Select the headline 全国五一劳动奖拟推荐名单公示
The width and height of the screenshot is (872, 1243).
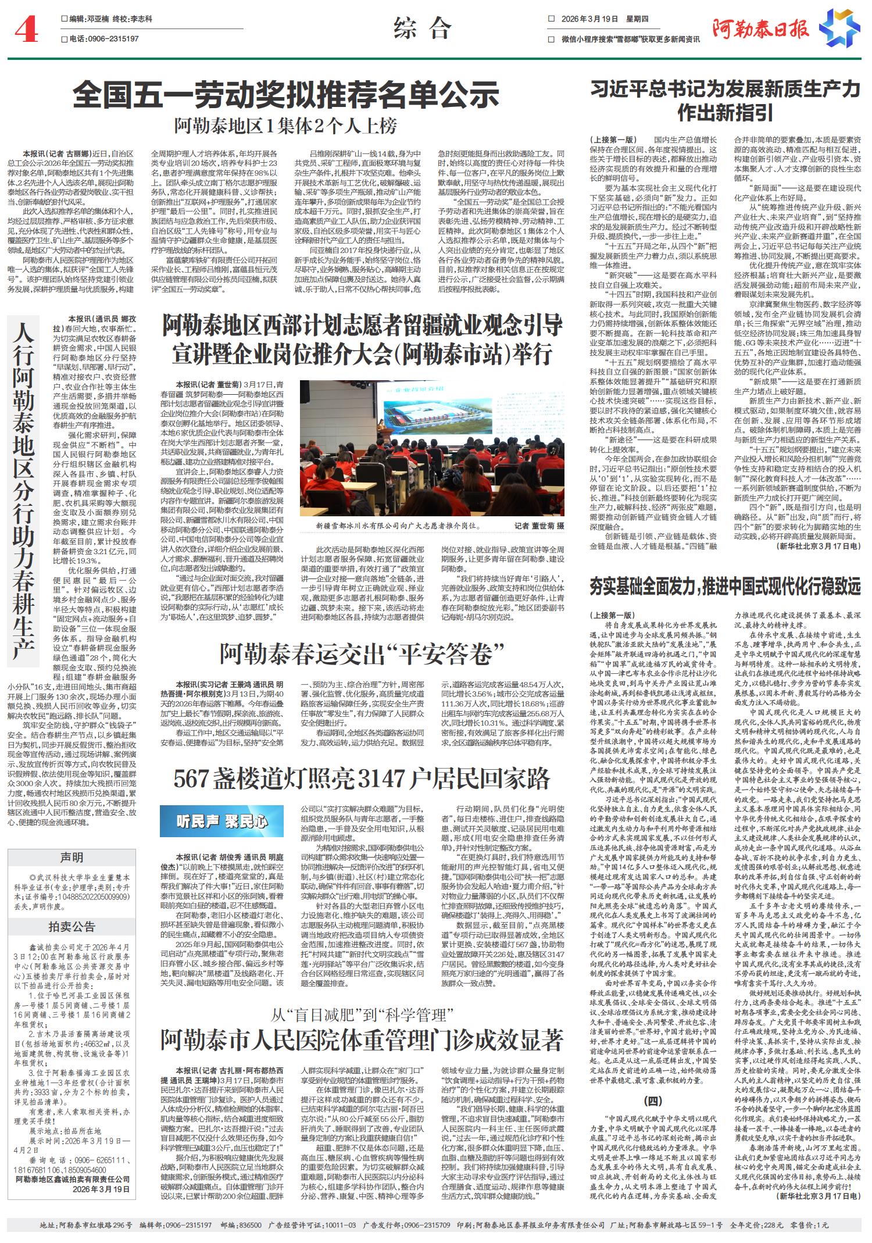point(286,93)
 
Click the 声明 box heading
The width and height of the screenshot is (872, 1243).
point(72,858)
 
